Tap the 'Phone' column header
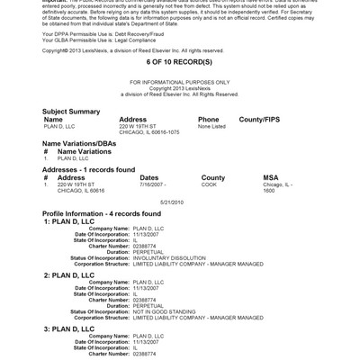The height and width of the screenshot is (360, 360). [208, 119]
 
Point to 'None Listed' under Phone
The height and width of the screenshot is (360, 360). [211, 126]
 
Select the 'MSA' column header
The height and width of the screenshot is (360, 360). [270, 177]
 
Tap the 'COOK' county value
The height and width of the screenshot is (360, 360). [209, 184]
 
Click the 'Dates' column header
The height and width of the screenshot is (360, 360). [149, 177]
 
